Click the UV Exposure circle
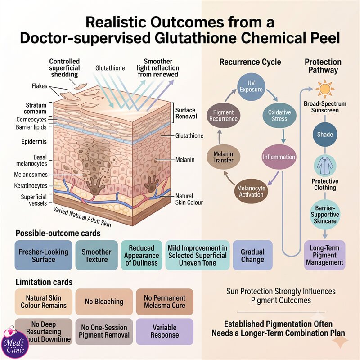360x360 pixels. tap(251, 86)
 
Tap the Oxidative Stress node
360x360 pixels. tap(279, 116)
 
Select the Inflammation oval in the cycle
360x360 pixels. tap(279, 157)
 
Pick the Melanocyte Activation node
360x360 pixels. tap(251, 191)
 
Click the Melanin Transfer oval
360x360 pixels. tap(223, 157)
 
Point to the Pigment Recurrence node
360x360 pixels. tap(223, 116)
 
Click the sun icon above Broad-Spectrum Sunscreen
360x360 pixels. tap(324, 88)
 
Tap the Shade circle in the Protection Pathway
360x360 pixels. tap(325, 134)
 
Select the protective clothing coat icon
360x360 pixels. tap(325, 166)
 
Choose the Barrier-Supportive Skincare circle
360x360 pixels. tap(325, 215)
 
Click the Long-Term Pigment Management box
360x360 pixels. tap(324, 255)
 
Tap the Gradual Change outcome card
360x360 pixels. tap(252, 255)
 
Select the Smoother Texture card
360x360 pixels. tap(96, 255)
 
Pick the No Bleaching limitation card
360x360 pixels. tap(104, 301)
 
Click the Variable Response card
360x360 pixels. tap(165, 331)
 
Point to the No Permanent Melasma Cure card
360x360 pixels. tap(165, 301)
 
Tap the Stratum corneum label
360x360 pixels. tap(35, 108)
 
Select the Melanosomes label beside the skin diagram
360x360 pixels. tap(31, 175)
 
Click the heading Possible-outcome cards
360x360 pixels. tap(58, 233)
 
